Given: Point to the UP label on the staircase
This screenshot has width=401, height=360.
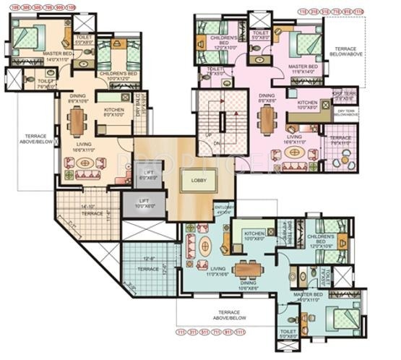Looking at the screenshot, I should tap(209, 135).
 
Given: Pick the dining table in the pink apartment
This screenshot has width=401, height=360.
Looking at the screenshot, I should tap(269, 119).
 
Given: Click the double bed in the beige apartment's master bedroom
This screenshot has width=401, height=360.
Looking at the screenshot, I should tap(30, 38).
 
